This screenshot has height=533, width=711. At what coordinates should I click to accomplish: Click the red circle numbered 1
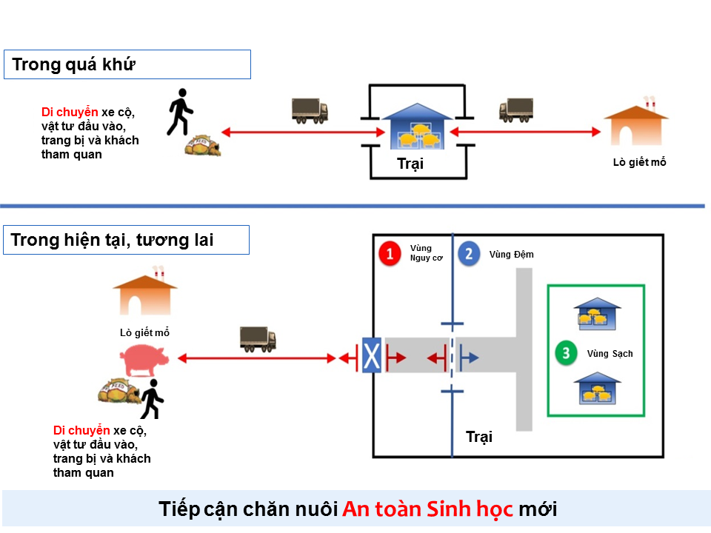tap(390, 253)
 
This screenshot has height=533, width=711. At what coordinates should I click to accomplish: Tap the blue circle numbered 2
tap(469, 254)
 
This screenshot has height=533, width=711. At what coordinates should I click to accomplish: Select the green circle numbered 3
tap(566, 353)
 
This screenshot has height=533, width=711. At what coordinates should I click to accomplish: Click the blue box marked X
tap(371, 355)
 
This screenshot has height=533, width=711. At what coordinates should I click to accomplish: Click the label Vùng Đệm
tap(511, 254)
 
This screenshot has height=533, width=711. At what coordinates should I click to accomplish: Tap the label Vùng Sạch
tap(610, 354)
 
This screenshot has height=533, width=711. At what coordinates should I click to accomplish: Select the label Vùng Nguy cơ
tap(426, 253)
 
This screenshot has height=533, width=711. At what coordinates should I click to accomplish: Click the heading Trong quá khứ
tap(73, 64)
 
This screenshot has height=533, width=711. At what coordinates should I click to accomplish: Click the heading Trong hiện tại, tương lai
tap(112, 240)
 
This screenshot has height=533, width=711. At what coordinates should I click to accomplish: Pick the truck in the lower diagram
tap(258, 339)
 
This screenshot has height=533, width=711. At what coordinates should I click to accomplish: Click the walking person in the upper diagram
tap(180, 112)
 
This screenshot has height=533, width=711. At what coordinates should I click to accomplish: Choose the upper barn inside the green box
tap(597, 314)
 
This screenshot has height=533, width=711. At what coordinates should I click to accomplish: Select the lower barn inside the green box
tap(597, 388)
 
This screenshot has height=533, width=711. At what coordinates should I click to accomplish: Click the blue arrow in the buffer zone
tap(469, 358)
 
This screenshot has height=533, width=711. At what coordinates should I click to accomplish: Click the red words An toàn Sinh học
tap(427, 509)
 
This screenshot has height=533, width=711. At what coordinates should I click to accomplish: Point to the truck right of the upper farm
tap(516, 110)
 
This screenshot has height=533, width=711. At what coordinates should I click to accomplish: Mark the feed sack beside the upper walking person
tap(203, 146)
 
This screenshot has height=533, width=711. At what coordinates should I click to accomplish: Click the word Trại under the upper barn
tap(410, 164)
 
